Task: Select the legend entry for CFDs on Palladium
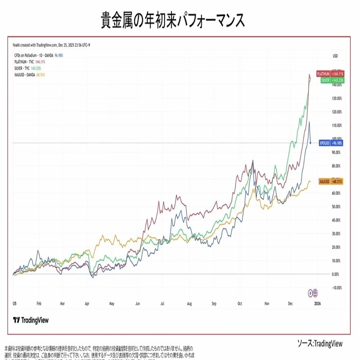coord(37,54)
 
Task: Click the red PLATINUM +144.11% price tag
coord(331,73)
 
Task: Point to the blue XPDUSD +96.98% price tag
coord(331,143)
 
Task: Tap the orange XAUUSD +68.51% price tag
coord(331,181)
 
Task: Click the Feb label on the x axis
coord(39,304)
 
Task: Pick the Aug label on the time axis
coord(189,304)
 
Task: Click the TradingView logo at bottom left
coord(31,320)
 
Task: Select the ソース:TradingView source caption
coord(320,343)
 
